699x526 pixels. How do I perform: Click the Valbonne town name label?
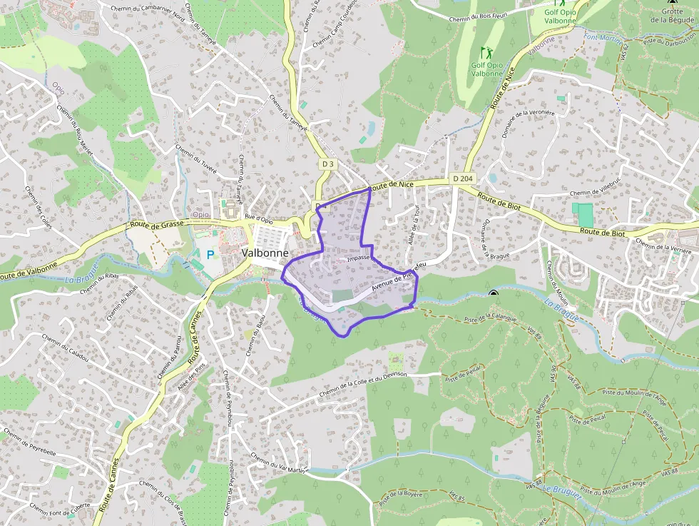pyautogui.click(x=265, y=253)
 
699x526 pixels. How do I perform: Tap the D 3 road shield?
pyautogui.click(x=327, y=164)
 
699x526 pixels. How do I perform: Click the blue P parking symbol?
pyautogui.click(x=210, y=253)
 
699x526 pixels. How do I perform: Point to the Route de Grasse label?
pyautogui.click(x=158, y=223)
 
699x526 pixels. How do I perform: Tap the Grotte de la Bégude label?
pyautogui.click(x=671, y=16)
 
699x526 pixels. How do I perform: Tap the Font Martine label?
pyautogui.click(x=603, y=37)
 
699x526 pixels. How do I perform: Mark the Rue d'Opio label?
pyautogui.click(x=259, y=218)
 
